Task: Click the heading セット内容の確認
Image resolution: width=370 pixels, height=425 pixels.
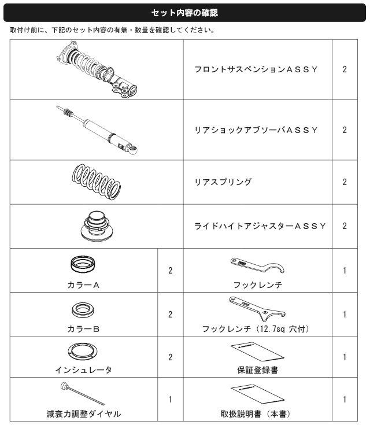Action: click(184, 13)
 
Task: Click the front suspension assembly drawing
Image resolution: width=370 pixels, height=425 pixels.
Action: click(97, 69)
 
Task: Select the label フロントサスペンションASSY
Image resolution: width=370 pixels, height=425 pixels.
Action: click(256, 69)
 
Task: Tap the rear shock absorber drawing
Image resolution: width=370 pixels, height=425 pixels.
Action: click(97, 130)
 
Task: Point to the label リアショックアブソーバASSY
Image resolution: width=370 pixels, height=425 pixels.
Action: click(256, 130)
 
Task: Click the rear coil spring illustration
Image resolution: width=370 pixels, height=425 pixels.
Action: click(97, 182)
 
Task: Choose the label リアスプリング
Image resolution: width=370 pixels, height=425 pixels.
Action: click(223, 182)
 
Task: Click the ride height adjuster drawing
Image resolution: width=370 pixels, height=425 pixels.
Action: click(97, 226)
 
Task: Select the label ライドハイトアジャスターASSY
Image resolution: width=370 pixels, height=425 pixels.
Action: click(260, 226)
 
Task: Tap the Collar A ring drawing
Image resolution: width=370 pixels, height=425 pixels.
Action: click(83, 264)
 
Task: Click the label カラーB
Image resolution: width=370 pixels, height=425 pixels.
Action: click(83, 329)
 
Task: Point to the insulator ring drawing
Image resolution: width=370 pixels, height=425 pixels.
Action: click(83, 352)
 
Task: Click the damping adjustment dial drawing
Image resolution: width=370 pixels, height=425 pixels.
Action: click(83, 393)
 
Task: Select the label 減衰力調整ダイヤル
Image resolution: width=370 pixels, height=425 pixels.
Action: click(83, 414)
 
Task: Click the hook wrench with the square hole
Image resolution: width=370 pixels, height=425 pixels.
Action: click(257, 308)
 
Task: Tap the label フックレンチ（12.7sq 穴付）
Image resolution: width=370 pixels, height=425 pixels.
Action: click(256, 329)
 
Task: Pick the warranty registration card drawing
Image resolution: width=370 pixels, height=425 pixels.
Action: click(257, 352)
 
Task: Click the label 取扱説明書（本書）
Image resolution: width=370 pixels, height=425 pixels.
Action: click(256, 414)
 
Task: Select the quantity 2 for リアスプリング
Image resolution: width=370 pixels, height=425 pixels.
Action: click(345, 182)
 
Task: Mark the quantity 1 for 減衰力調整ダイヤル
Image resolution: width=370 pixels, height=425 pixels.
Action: click(170, 399)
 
